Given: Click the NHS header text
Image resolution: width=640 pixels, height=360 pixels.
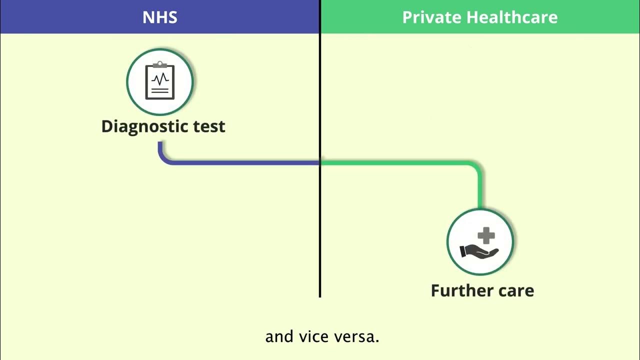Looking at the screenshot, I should (159, 17).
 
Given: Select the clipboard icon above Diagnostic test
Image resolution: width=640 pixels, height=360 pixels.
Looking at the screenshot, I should (160, 81).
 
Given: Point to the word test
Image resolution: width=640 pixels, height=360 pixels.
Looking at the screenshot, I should (205, 126).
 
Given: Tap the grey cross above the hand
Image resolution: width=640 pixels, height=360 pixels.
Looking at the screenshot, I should (485, 235).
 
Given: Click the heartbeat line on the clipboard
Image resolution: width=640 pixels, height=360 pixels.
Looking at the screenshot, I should (160, 79).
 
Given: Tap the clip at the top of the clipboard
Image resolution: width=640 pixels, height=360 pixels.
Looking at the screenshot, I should (160, 64).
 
